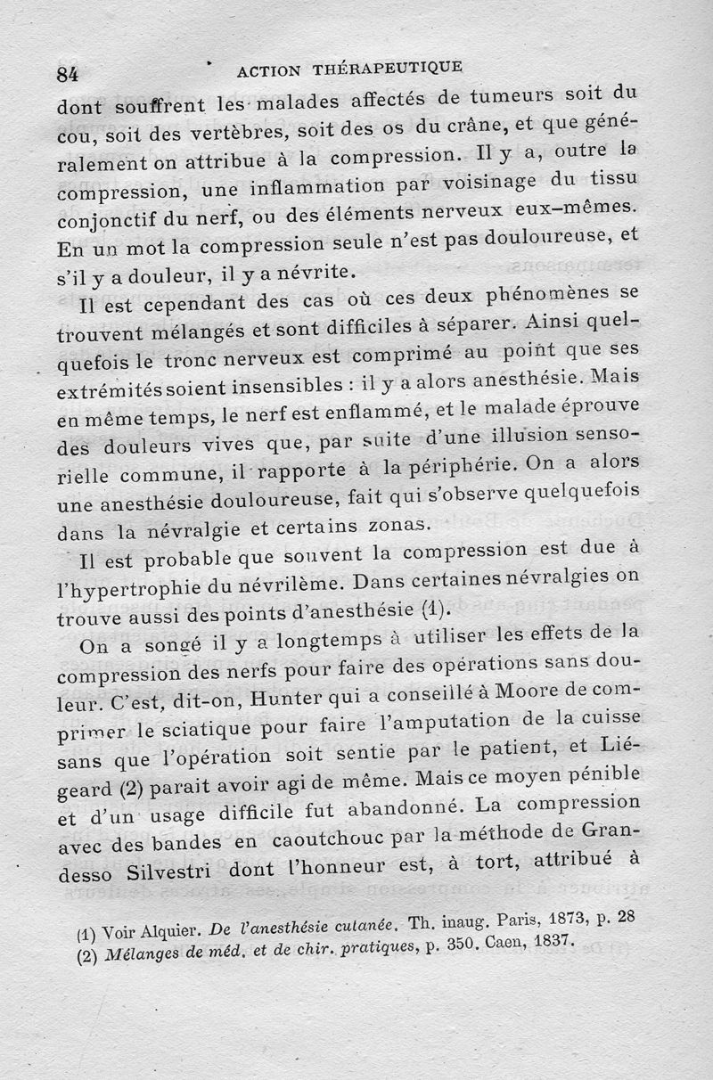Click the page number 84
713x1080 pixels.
pyautogui.click(x=68, y=74)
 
